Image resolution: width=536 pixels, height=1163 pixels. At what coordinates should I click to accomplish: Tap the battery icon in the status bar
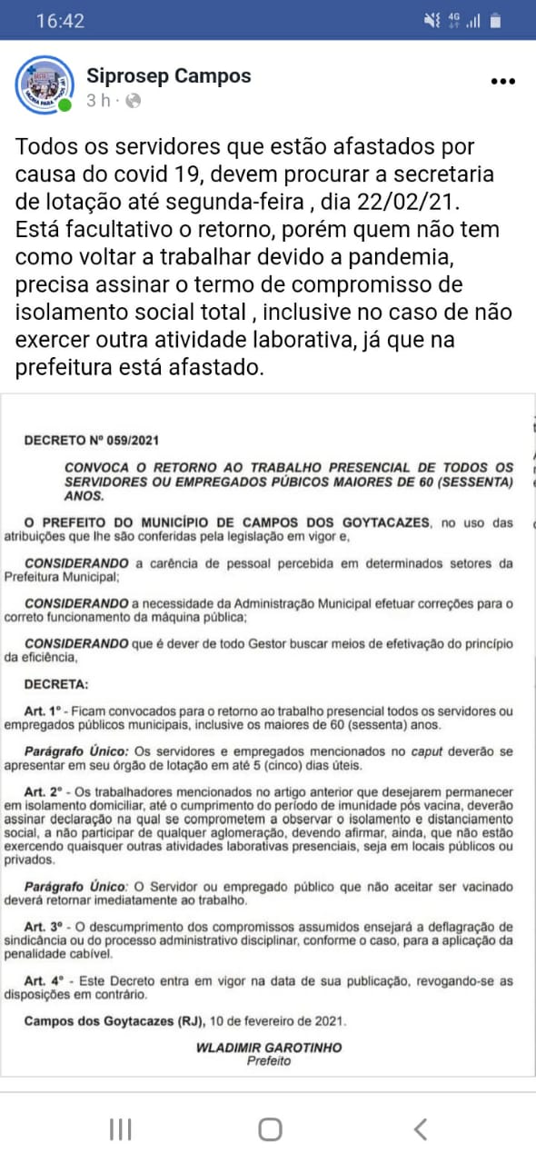pyautogui.click(x=495, y=20)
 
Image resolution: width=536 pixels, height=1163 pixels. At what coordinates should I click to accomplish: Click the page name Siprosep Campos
pyautogui.click(x=169, y=76)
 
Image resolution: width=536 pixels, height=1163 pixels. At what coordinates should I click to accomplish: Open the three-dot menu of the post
pyautogui.click(x=502, y=81)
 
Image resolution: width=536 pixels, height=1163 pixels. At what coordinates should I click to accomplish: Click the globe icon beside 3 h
pyautogui.click(x=133, y=101)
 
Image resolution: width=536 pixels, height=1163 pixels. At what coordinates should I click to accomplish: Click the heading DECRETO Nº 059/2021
pyautogui.click(x=92, y=442)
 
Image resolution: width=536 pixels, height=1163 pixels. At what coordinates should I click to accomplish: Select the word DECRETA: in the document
pyautogui.click(x=56, y=683)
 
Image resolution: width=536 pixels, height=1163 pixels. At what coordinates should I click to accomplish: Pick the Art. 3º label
pyautogui.click(x=47, y=926)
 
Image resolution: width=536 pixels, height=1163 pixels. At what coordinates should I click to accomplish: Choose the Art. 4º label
pyautogui.click(x=47, y=980)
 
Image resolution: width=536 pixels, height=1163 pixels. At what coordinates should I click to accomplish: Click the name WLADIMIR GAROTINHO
pyautogui.click(x=269, y=1048)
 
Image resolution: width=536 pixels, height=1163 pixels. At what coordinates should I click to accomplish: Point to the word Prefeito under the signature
pyautogui.click(x=269, y=1061)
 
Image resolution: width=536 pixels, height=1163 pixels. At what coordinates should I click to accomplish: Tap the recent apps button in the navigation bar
pyautogui.click(x=120, y=1129)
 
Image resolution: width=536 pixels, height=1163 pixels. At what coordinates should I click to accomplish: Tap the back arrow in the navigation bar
pyautogui.click(x=420, y=1129)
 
